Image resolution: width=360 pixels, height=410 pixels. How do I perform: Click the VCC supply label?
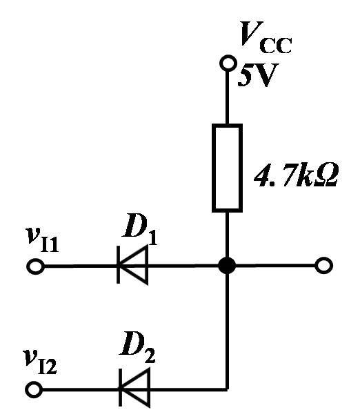[x=266, y=37]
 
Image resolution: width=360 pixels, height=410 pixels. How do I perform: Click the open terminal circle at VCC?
[x=228, y=64]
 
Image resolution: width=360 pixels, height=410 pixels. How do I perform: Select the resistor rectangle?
[x=227, y=168]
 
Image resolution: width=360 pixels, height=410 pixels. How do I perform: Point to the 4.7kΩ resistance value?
[x=296, y=175]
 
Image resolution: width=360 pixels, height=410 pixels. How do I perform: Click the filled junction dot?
[x=227, y=266]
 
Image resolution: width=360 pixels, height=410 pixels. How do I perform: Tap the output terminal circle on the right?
[x=324, y=266]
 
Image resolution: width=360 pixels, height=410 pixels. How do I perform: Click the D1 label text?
[x=139, y=229]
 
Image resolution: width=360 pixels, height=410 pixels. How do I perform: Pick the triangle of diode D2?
[x=135, y=389]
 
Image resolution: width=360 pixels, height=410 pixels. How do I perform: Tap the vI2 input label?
[x=40, y=362]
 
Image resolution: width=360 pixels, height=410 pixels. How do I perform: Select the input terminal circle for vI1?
[x=35, y=266]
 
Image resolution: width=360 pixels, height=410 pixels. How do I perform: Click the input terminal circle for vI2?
[x=34, y=389]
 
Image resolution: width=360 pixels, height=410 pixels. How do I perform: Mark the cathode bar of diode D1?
[x=119, y=264]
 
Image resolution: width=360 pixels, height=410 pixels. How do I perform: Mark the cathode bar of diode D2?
[x=121, y=389]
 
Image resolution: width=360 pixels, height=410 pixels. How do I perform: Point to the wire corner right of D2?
[x=228, y=389]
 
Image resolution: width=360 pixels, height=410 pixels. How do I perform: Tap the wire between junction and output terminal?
[x=276, y=266]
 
